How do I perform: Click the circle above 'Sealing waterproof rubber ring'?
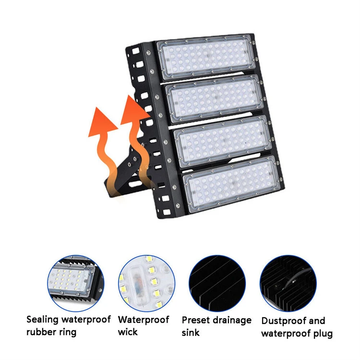(76, 283)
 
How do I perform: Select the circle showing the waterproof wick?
(146, 283)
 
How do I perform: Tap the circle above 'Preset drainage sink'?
(217, 283)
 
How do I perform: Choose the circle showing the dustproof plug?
(288, 283)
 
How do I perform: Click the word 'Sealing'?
(42, 320)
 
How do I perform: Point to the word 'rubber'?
(40, 332)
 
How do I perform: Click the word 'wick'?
(127, 332)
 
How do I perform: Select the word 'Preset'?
(195, 320)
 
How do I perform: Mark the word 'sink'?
(191, 333)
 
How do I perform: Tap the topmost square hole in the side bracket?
(135, 50)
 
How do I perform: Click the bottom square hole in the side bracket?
(167, 212)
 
